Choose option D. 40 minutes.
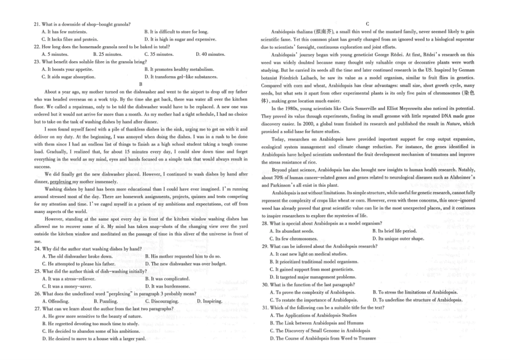210,54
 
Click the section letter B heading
141,84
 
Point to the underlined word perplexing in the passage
64,181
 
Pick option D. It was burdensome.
175,286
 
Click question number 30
265,284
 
